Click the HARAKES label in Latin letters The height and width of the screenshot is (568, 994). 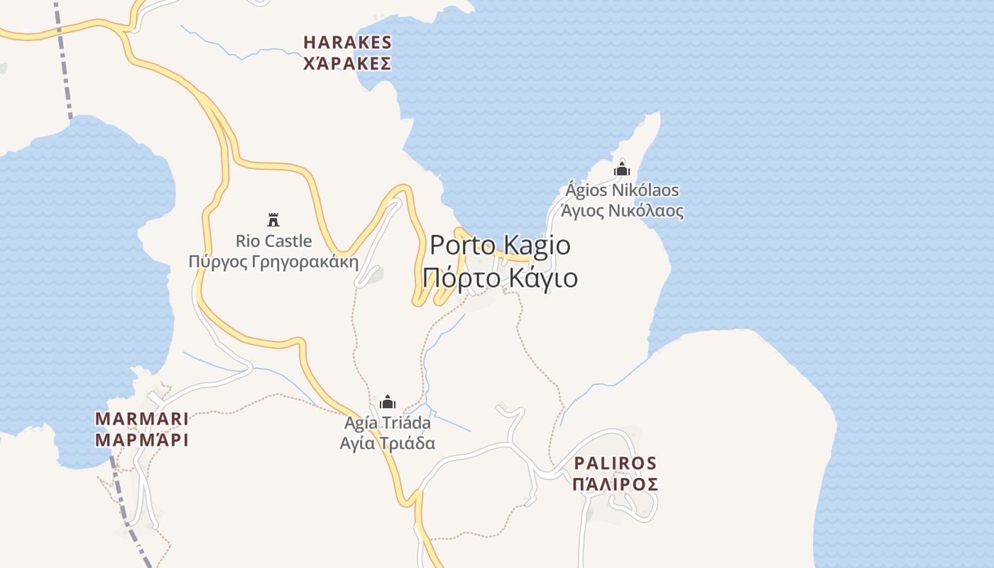pyautogui.click(x=347, y=43)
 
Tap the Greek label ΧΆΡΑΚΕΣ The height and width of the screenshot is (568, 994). pyautogui.click(x=347, y=64)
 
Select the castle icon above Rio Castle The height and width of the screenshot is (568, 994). pyautogui.click(x=273, y=219)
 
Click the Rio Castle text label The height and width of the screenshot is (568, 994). pyautogui.click(x=273, y=241)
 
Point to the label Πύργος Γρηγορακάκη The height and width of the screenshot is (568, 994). pyautogui.click(x=273, y=261)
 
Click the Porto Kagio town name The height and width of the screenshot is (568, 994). pyautogui.click(x=500, y=245)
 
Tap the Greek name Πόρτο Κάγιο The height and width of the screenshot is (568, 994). pyautogui.click(x=500, y=278)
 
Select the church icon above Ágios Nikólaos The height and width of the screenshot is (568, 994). pyautogui.click(x=622, y=170)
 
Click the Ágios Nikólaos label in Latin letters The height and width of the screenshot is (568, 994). pyautogui.click(x=622, y=190)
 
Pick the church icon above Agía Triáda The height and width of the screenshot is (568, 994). pyautogui.click(x=388, y=403)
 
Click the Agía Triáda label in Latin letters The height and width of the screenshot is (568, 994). pyautogui.click(x=388, y=423)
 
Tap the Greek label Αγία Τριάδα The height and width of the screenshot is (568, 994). pyautogui.click(x=388, y=444)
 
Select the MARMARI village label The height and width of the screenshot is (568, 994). pyautogui.click(x=142, y=418)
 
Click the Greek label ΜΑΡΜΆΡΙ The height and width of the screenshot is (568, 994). pyautogui.click(x=142, y=440)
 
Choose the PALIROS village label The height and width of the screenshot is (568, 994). pyautogui.click(x=615, y=463)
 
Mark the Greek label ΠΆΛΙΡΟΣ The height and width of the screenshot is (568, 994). pyautogui.click(x=615, y=484)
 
